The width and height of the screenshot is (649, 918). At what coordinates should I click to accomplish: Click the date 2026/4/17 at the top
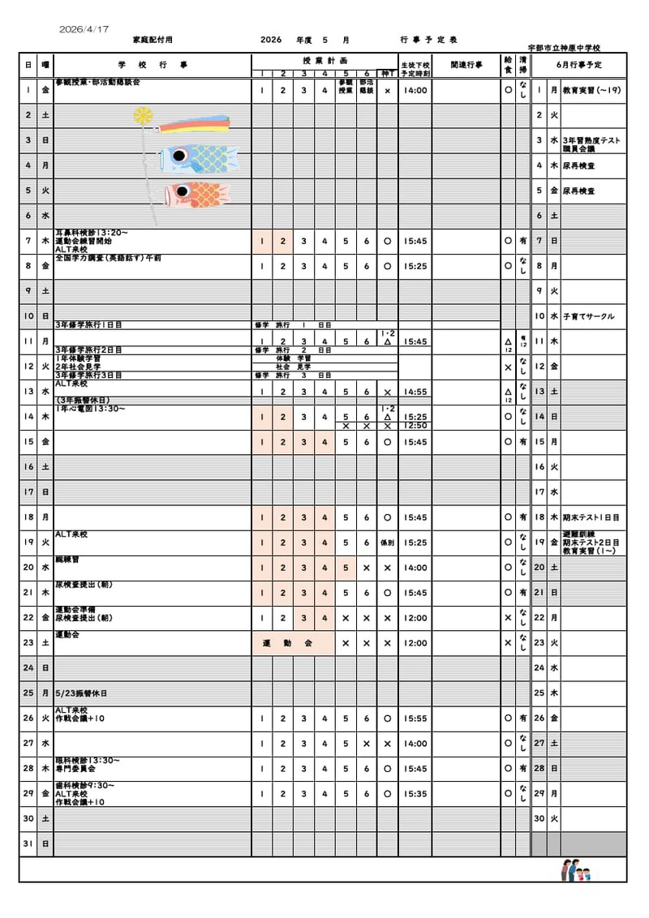(x=84, y=29)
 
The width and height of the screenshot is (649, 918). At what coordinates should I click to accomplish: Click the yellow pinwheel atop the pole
(x=143, y=116)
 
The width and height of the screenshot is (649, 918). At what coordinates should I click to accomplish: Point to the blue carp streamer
(x=198, y=159)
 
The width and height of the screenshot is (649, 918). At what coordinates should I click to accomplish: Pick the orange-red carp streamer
(x=198, y=194)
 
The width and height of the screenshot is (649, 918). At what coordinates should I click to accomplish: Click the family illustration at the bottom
(x=575, y=871)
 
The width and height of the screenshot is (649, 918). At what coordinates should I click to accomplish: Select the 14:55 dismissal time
(x=415, y=392)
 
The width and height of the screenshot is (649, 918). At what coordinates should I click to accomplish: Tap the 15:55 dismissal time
(x=415, y=719)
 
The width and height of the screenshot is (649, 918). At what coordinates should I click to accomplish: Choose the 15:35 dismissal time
(x=415, y=794)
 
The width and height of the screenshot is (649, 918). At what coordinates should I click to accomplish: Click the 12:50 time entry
(x=415, y=426)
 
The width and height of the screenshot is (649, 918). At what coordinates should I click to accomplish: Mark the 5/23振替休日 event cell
(x=81, y=694)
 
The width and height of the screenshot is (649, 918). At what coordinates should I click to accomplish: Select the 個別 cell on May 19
(x=387, y=543)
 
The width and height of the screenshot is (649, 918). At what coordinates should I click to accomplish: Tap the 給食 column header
(x=508, y=65)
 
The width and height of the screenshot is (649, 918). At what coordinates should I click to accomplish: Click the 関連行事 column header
(x=466, y=65)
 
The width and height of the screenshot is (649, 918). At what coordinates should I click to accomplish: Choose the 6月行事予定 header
(x=579, y=65)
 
